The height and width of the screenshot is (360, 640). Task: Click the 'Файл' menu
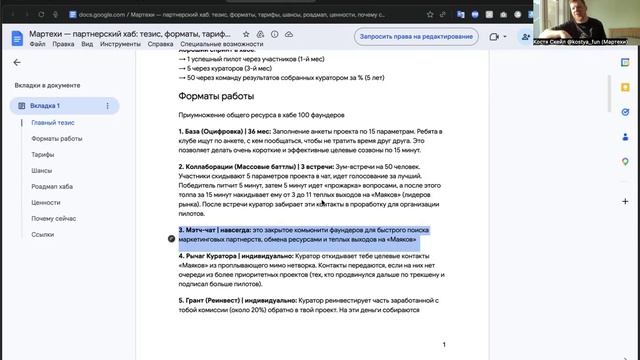pyautogui.click(x=36, y=45)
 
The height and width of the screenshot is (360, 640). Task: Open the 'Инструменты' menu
pyautogui.click(x=121, y=45)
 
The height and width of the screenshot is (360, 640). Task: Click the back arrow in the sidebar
pyautogui.click(x=16, y=62)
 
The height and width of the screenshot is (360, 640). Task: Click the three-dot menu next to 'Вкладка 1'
pyautogui.click(x=107, y=105)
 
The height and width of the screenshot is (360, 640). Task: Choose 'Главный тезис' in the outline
pyautogui.click(x=55, y=122)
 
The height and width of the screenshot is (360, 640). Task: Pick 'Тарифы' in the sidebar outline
pyautogui.click(x=42, y=155)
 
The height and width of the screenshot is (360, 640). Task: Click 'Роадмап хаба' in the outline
pyautogui.click(x=55, y=186)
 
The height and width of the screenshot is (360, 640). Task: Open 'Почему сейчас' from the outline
pyautogui.click(x=55, y=218)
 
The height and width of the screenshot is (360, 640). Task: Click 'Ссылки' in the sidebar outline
pyautogui.click(x=42, y=234)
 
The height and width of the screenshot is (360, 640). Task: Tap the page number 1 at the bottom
pyautogui.click(x=443, y=344)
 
